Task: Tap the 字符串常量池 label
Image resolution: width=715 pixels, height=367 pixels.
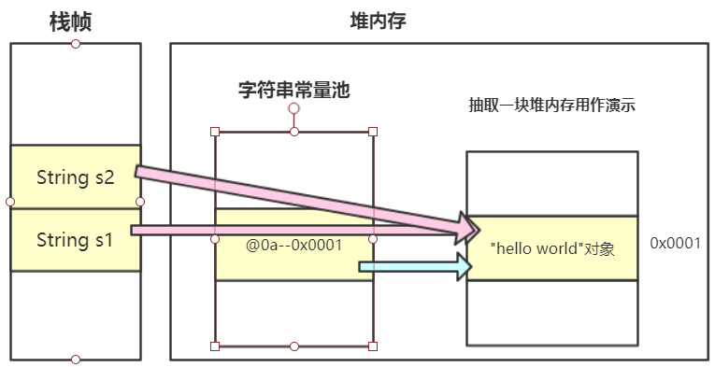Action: point(293,90)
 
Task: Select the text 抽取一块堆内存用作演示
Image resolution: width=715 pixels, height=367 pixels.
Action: point(551,106)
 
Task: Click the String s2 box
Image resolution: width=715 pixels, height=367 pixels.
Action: point(75,176)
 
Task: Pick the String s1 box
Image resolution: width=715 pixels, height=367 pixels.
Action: point(75,240)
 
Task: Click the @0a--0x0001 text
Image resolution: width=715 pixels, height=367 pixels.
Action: point(293,245)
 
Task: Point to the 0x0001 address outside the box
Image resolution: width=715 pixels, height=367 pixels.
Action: point(676,243)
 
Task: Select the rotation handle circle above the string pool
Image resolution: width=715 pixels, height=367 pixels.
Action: point(293,109)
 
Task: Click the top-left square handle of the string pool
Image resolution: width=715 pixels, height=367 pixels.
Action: point(216,132)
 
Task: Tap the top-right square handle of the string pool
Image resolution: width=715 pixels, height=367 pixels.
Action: point(373,132)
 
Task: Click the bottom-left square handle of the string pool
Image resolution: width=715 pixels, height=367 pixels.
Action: point(216,346)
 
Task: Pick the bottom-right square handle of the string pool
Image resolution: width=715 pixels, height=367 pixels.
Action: point(373,346)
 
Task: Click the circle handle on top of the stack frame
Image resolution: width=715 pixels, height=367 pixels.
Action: point(76,44)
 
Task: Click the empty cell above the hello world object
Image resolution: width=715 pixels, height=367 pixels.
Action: point(551,183)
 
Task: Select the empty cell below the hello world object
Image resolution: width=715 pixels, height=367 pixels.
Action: point(551,312)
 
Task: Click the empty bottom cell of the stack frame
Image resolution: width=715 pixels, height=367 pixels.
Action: point(75,314)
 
